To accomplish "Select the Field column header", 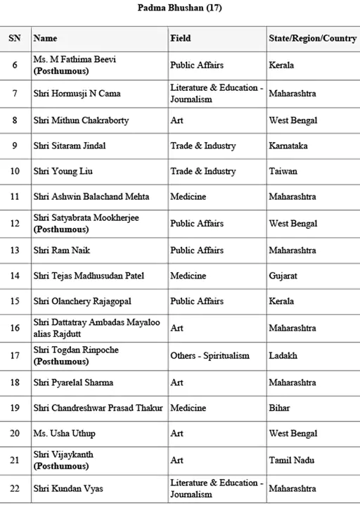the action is (180, 38).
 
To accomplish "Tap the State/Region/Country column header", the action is (311, 38).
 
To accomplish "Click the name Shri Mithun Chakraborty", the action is (81, 120).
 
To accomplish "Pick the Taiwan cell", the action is (283, 171).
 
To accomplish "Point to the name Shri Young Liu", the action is (63, 171).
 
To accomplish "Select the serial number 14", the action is (15, 276).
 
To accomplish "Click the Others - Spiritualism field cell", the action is (210, 355).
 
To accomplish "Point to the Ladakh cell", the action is (283, 355).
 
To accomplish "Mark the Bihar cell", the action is (279, 408).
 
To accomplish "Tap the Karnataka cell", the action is (288, 146).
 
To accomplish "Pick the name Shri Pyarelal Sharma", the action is (73, 383).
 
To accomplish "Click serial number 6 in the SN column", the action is (15, 65).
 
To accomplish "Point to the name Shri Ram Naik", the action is (62, 250).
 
